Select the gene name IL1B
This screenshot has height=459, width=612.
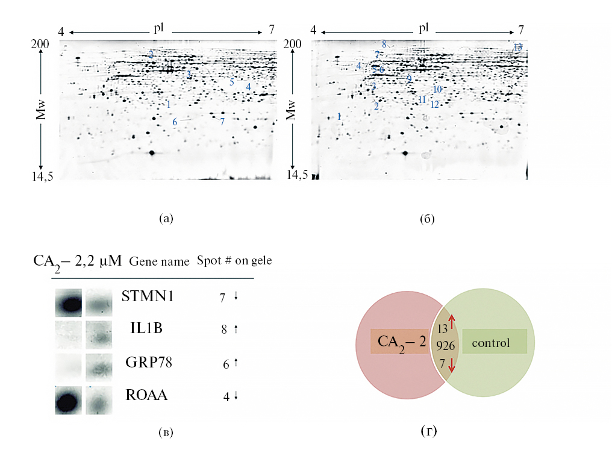(x=146, y=328)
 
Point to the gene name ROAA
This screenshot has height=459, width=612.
(x=146, y=396)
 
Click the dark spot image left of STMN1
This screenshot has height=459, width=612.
(x=68, y=302)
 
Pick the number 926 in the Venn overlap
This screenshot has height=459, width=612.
(x=446, y=346)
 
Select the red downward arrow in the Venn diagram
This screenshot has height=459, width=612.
(x=452, y=365)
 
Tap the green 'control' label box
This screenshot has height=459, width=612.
(x=494, y=342)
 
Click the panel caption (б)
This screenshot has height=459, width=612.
(x=427, y=219)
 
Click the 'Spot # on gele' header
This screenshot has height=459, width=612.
(x=234, y=261)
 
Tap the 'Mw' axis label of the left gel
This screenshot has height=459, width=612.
(x=40, y=111)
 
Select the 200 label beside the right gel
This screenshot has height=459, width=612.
(x=293, y=43)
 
